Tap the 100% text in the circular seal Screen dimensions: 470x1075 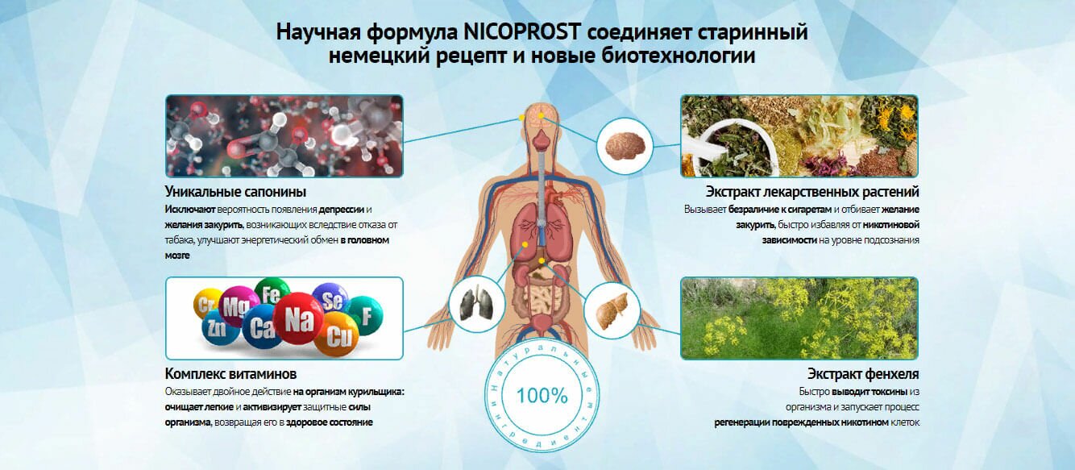point(542,396)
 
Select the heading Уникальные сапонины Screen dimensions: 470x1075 point(235,192)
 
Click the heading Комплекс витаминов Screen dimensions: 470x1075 point(230,374)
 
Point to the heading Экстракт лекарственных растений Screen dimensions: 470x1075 point(812,192)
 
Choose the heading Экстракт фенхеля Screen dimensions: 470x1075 point(863,374)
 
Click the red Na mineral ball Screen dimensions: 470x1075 point(298,318)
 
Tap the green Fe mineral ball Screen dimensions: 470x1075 point(272,292)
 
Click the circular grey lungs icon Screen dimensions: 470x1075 point(473,303)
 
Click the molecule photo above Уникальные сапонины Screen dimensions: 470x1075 point(284,135)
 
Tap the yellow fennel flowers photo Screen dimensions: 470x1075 point(799,318)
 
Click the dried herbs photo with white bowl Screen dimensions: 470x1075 point(799,135)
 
